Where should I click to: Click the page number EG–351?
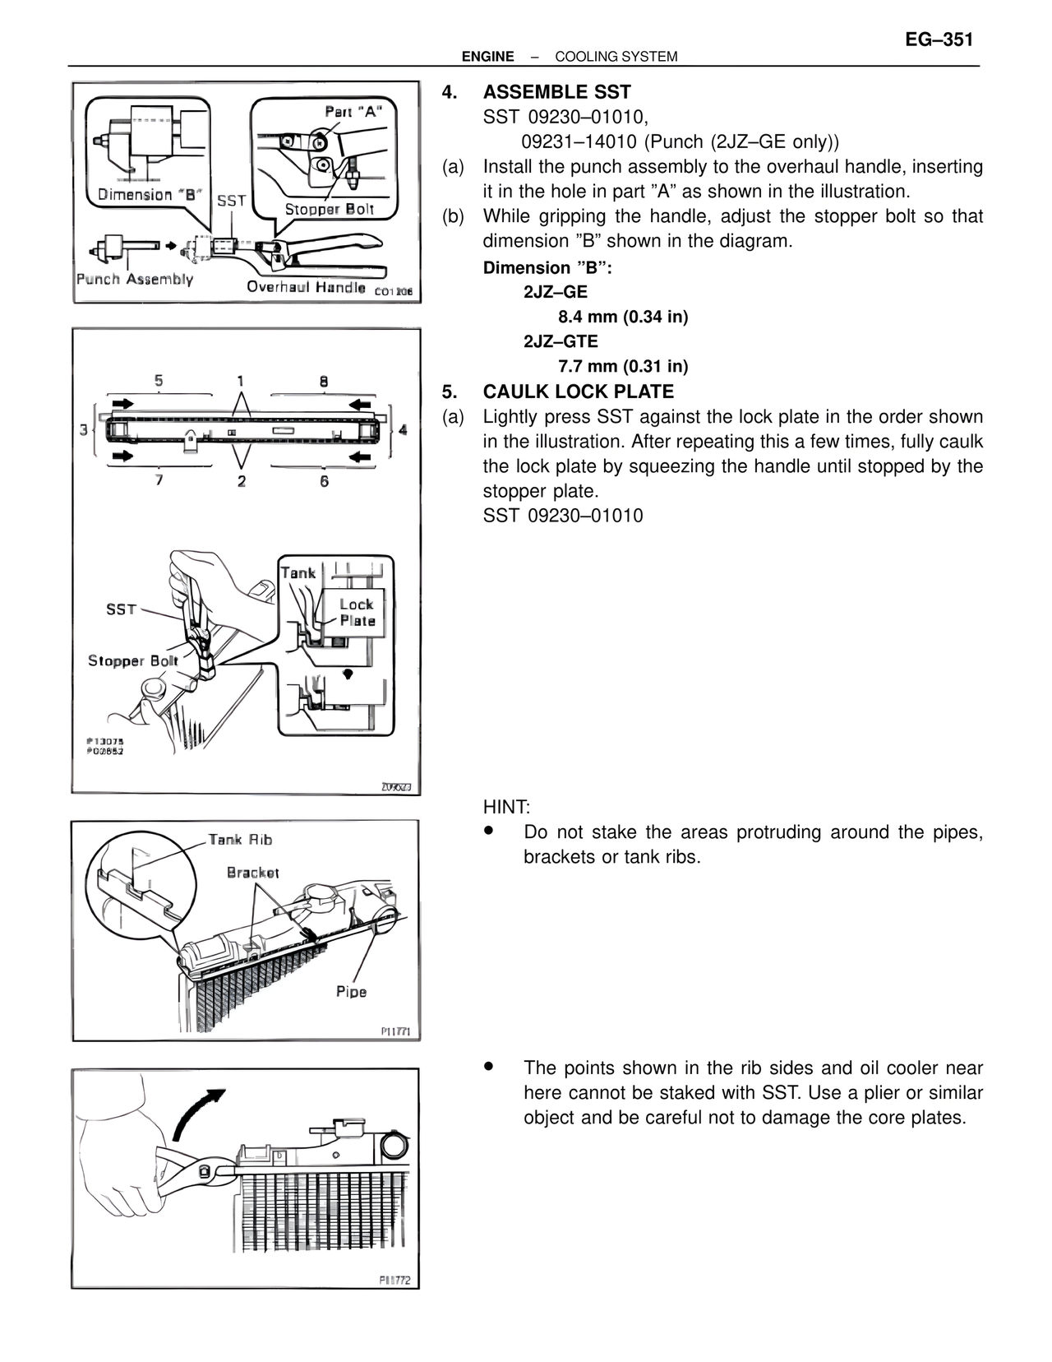[x=939, y=40]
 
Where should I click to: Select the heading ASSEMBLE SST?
[x=556, y=92]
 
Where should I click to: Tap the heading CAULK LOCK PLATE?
[x=578, y=391]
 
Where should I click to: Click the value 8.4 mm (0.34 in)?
[x=623, y=317]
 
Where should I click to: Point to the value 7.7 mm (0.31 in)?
[x=623, y=366]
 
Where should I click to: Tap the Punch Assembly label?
[x=135, y=279]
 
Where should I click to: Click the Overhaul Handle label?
[x=306, y=287]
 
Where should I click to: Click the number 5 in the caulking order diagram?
[x=159, y=381]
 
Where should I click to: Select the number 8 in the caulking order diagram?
[x=324, y=381]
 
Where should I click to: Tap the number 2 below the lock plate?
[x=241, y=481]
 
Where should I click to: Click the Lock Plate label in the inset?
[x=357, y=613]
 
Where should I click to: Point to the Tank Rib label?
[x=240, y=840]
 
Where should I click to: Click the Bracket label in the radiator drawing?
[x=253, y=873]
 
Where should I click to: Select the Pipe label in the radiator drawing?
[x=351, y=992]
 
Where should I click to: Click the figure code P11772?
[x=394, y=1281]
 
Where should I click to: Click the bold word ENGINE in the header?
[x=487, y=57]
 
